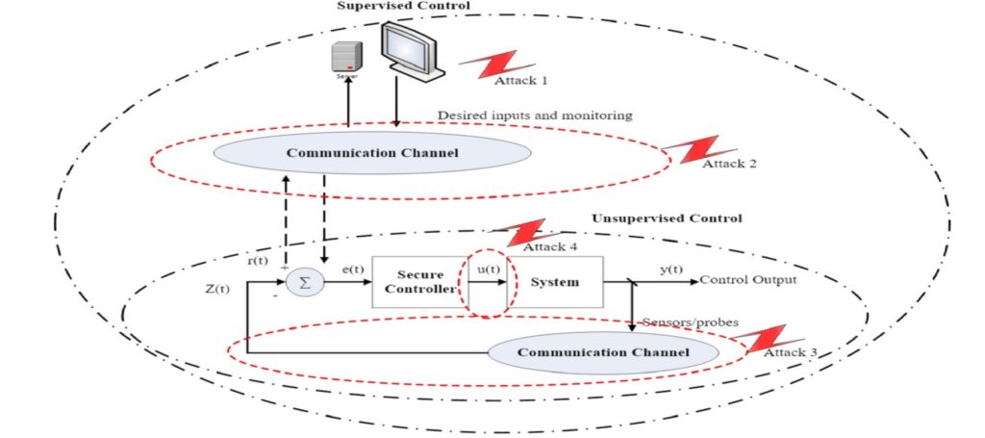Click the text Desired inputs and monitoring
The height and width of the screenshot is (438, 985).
click(x=535, y=116)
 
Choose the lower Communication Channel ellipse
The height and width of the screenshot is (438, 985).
click(x=603, y=353)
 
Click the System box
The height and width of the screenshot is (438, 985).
click(x=555, y=282)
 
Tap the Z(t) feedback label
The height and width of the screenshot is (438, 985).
click(x=216, y=290)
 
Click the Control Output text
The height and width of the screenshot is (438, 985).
click(x=747, y=282)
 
